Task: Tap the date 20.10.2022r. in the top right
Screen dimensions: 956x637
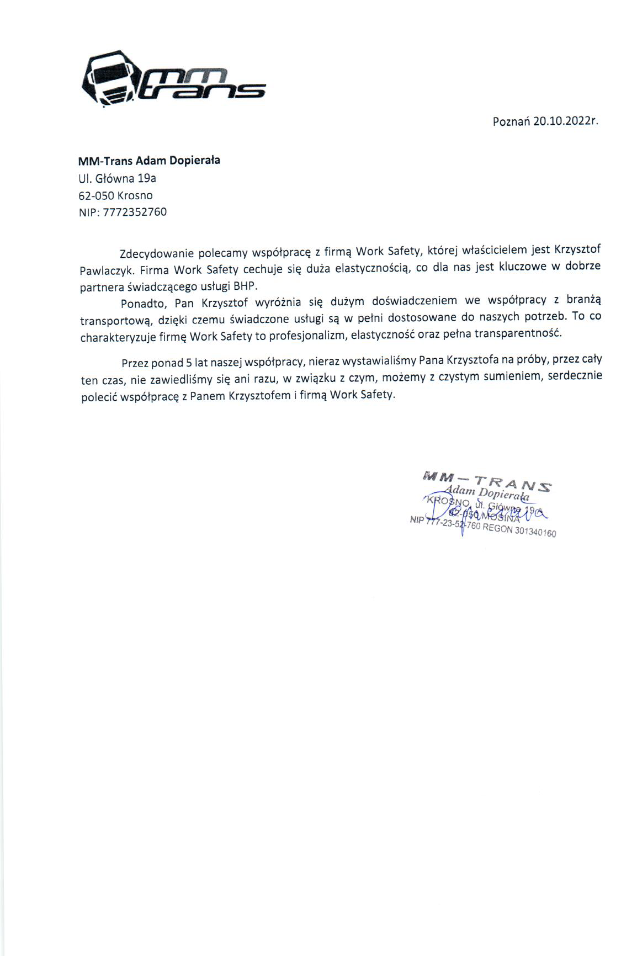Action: [x=566, y=121]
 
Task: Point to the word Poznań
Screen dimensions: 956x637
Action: [x=511, y=121]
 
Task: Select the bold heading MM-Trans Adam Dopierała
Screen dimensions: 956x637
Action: [x=149, y=161]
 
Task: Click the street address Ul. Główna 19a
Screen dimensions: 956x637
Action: [x=118, y=178]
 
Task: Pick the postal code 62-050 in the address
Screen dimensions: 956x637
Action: [x=97, y=195]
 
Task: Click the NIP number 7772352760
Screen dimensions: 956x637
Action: [x=135, y=212]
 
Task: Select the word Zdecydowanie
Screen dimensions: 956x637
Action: [x=156, y=253]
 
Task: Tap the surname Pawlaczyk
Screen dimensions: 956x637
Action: [x=105, y=271]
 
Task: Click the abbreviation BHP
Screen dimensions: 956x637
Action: [x=246, y=286]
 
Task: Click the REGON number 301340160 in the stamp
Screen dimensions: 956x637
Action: [x=535, y=532]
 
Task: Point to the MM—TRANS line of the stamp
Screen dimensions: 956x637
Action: [x=486, y=480]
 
